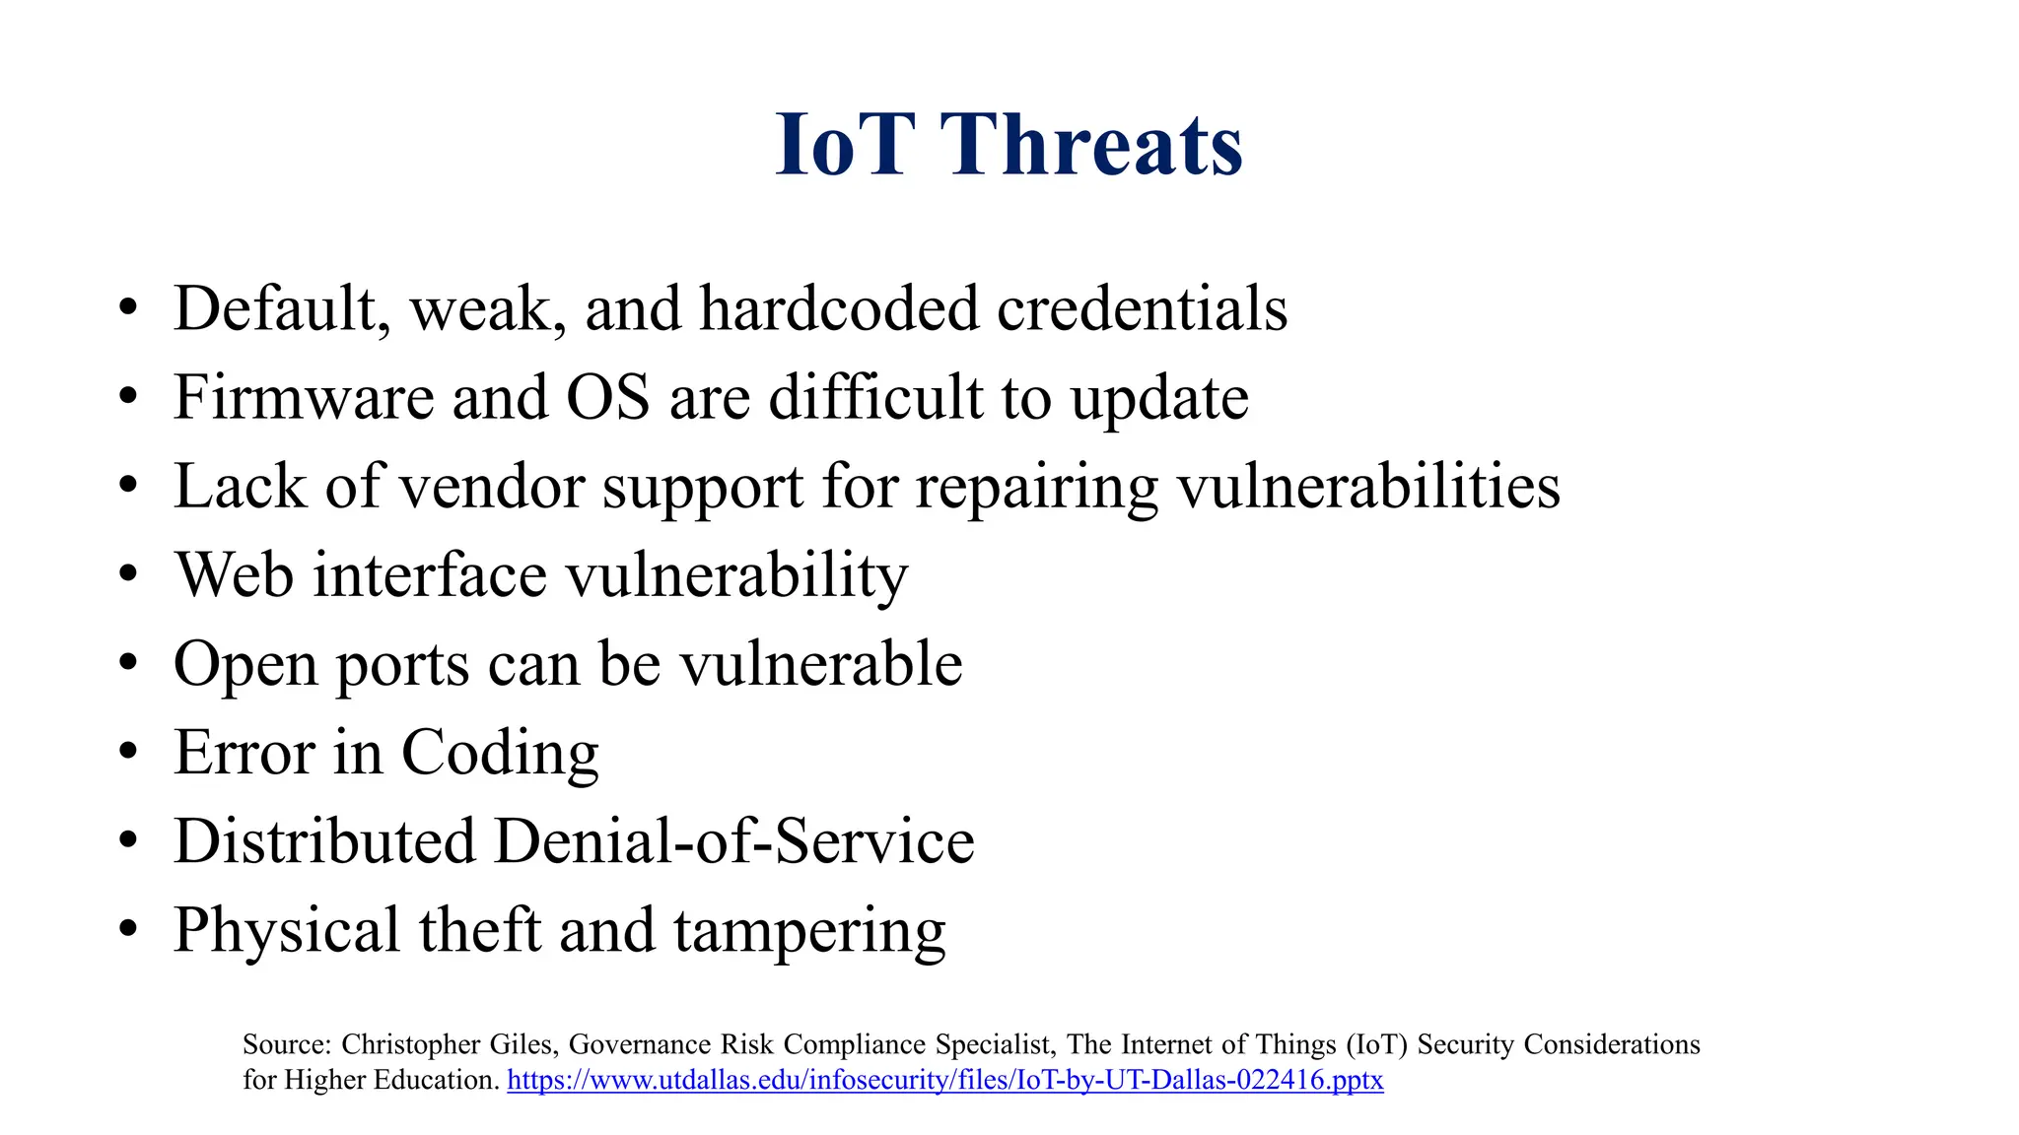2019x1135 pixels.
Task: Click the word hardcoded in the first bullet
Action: point(838,308)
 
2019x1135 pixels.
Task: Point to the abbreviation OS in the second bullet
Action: point(607,398)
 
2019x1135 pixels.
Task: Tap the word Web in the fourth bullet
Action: point(234,574)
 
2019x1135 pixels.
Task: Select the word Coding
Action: point(500,754)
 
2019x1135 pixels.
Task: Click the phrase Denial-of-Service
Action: point(733,842)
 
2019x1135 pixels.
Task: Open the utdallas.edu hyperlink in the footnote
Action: point(944,1081)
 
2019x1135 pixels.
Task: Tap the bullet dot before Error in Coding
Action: point(127,753)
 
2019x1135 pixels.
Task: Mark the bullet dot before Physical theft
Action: point(127,930)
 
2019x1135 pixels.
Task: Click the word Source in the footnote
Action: point(286,1044)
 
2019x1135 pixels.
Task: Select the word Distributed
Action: point(324,842)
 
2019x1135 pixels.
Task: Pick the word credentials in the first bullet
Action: point(1142,308)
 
